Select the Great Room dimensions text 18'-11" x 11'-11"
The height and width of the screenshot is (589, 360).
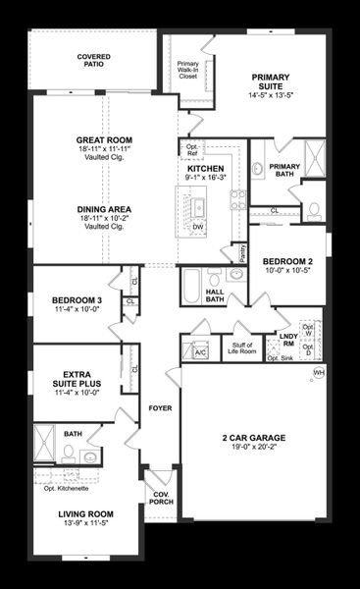click(105, 151)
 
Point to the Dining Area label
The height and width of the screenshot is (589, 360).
click(105, 209)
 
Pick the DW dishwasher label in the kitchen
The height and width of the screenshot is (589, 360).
click(198, 226)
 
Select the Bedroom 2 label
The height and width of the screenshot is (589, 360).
click(286, 261)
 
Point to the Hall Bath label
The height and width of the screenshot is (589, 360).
click(215, 294)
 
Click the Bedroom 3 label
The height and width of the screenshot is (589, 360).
click(77, 299)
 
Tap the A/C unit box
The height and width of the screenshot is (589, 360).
click(201, 351)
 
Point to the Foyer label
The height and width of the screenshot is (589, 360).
click(160, 406)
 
